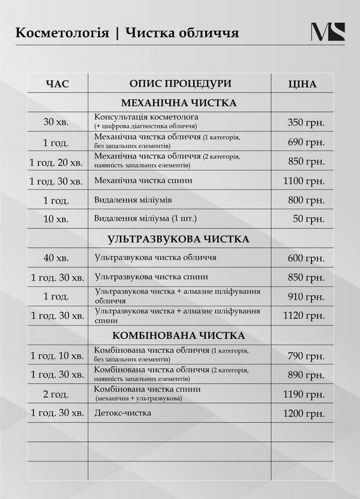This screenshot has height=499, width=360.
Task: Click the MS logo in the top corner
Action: pos(328,32)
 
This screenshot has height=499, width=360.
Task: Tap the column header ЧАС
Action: pos(57,84)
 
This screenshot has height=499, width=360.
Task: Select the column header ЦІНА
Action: pos(302,84)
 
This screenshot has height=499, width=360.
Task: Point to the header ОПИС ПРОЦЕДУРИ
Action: pos(179,83)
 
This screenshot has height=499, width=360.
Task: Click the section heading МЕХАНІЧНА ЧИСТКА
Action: pos(179,103)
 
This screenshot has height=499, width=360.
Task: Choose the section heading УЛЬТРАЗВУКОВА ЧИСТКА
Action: pos(178,239)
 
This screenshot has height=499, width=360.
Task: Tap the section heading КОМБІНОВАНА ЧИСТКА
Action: pos(178,335)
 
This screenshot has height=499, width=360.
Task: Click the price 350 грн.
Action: pos(306,122)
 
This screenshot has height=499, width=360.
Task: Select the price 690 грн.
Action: pos(306,142)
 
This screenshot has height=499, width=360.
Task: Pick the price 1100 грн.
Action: pos(304,181)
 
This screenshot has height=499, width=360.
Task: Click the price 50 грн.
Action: pos(309,220)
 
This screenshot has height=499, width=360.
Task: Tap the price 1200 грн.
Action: pos(304,413)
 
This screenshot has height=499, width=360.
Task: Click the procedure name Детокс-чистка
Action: pos(123,413)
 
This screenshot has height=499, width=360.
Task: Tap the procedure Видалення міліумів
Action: pos(131,200)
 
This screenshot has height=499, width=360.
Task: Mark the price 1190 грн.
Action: pos(304,394)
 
